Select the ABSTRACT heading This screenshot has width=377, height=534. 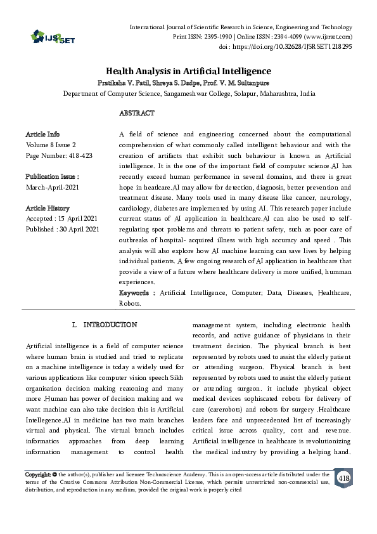point(136,114)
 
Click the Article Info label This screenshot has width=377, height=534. point(43,135)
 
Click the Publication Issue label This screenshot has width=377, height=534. point(52,176)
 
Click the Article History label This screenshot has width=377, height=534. point(48,208)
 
